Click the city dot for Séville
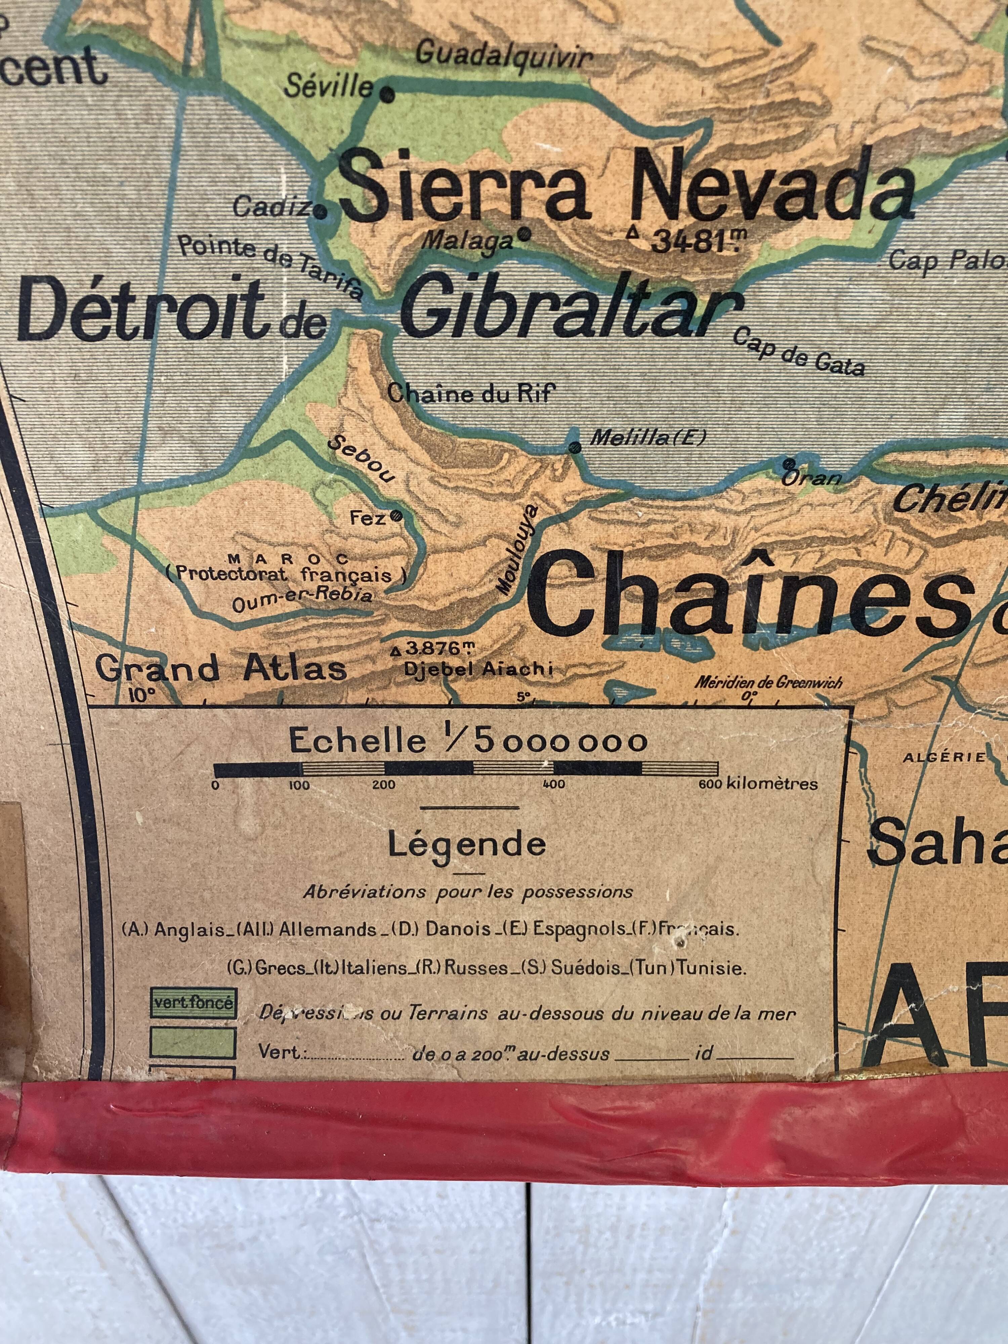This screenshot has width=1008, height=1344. pos(387,94)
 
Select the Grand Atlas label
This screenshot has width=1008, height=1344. pos(221,669)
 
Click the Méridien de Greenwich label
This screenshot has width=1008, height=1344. pos(769,682)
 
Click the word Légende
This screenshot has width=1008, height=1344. pos(467,845)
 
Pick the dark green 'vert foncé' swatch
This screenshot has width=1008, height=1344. pos(193,1003)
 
